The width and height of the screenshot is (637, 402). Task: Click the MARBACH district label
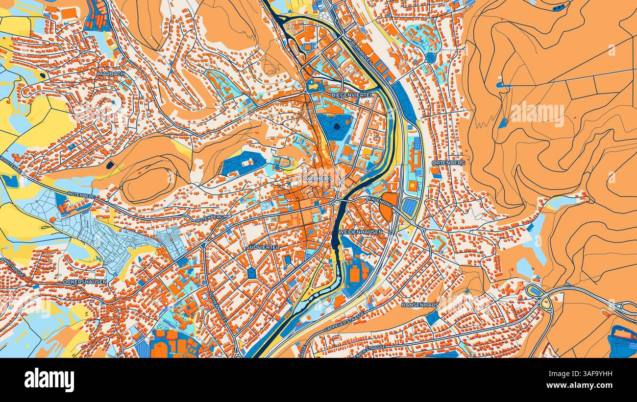click(111, 74)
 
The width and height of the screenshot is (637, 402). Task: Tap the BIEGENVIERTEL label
click(352, 95)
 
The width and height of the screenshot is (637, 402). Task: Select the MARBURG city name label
click(318, 179)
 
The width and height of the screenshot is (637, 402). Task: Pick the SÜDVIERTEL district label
click(263, 247)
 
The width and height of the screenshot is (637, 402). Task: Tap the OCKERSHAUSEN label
click(85, 282)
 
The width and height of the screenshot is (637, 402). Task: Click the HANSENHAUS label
click(419, 305)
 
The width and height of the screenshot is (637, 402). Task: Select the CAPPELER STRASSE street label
click(344, 321)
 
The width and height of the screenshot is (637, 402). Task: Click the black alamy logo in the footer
click(49, 380)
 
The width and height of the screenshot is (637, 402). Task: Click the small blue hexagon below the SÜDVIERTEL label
click(252, 272)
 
